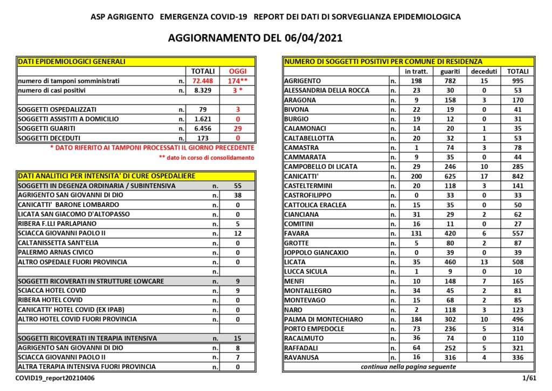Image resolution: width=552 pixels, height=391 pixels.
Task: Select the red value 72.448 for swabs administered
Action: click(x=203, y=81)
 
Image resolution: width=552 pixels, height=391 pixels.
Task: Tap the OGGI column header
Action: click(x=238, y=71)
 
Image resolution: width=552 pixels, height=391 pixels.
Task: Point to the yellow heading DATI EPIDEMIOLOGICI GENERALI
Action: click(x=71, y=61)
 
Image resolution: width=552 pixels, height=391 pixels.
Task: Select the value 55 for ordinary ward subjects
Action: click(x=238, y=186)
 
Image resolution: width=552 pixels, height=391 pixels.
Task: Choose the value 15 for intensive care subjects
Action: click(x=238, y=339)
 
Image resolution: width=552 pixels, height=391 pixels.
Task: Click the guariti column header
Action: click(x=450, y=71)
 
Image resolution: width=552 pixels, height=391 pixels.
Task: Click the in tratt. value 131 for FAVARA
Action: click(x=419, y=234)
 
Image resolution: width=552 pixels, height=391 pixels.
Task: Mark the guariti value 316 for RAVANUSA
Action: click(x=450, y=358)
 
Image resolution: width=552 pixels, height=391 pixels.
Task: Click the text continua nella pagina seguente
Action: click(x=408, y=367)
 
